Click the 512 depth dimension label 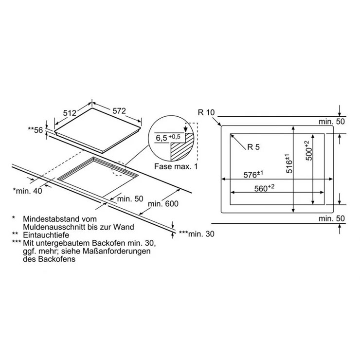coord(70,113)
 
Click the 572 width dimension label coord(119,111)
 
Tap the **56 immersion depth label coord(36,130)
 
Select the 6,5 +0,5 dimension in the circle coord(168,138)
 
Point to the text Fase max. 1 coord(176,166)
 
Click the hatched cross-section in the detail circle coord(182,147)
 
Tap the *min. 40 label coord(28,191)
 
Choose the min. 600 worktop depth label coord(163,204)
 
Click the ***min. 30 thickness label coord(197,234)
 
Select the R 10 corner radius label coord(206,112)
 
